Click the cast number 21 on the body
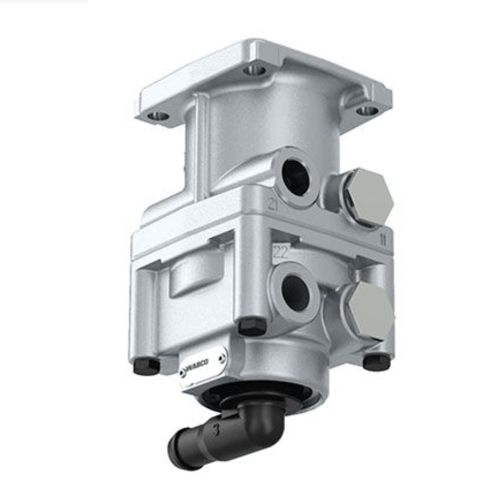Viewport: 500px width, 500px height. pos(272,204)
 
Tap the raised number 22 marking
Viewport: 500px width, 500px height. pos(280,252)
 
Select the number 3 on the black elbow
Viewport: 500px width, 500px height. pos(215,430)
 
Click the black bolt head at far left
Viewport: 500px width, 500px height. pos(146,366)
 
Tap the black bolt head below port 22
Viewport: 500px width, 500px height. pos(251,327)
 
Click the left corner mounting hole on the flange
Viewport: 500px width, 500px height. pos(158,116)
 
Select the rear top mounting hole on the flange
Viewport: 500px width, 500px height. pos(254,70)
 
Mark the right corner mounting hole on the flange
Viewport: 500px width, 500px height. pos(367,110)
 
